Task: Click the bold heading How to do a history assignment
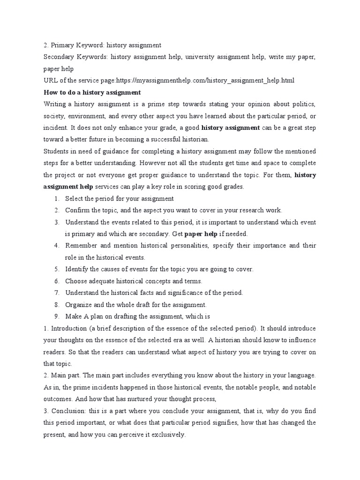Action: pyautogui.click(x=92, y=92)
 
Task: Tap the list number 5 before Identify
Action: pyautogui.click(x=56, y=269)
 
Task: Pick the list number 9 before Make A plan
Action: pyautogui.click(x=56, y=316)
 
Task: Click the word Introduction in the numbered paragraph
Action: pyautogui.click(x=69, y=328)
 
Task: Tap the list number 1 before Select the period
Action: pyautogui.click(x=56, y=198)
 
